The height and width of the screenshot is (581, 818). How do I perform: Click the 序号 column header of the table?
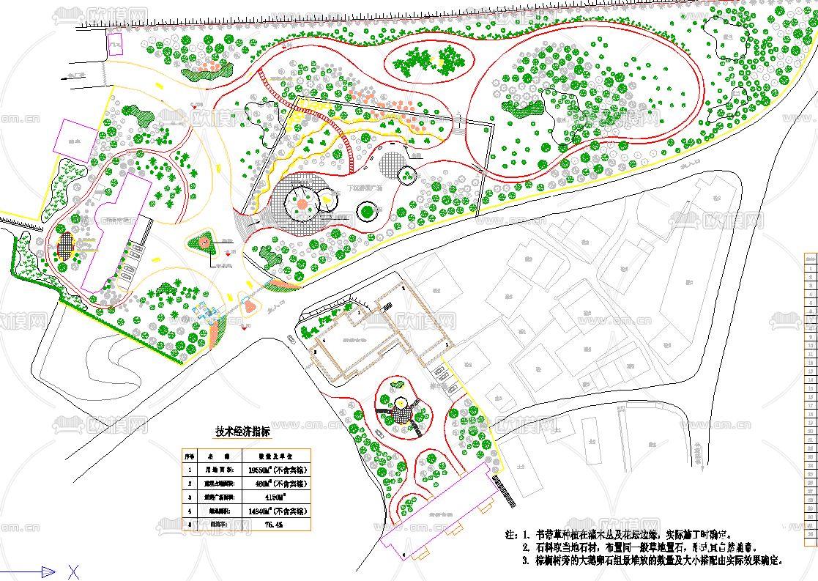point(190,456)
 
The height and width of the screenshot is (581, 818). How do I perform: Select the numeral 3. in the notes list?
point(526,560)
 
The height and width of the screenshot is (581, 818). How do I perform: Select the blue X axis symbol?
point(73,571)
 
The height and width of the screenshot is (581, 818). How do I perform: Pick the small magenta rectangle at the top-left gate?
point(115,45)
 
